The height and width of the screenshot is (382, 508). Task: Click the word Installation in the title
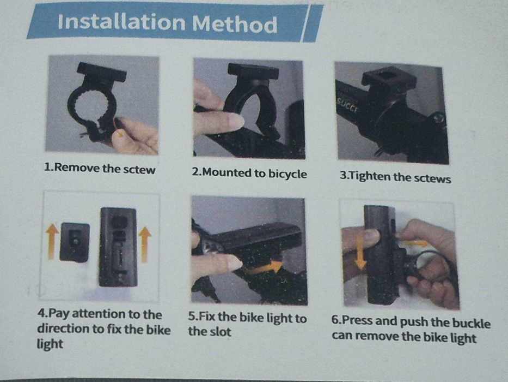click(121, 22)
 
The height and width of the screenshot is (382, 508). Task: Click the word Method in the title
click(235, 23)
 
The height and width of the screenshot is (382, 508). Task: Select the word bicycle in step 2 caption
click(287, 174)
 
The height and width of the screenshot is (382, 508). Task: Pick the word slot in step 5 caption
click(219, 332)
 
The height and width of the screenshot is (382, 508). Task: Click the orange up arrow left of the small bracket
click(52, 241)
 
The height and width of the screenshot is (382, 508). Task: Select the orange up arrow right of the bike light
click(145, 244)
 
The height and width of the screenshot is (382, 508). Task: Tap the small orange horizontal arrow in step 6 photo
click(414, 243)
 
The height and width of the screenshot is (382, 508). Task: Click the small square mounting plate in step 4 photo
click(75, 242)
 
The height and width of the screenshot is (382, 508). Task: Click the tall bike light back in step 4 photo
click(118, 247)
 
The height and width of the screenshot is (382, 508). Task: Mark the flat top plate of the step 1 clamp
click(101, 72)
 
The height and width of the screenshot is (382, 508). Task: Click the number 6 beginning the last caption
click(334, 319)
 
